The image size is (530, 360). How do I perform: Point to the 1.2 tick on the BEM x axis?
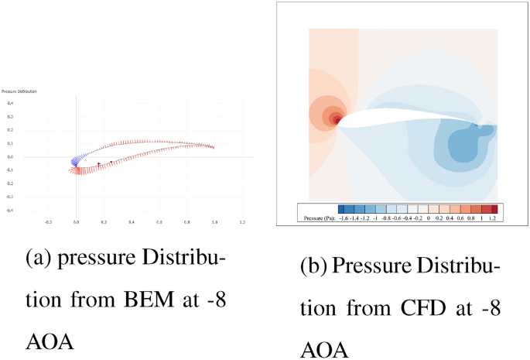point(242,221)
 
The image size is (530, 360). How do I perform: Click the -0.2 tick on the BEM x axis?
point(49,221)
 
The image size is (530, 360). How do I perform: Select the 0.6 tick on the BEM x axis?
point(159,221)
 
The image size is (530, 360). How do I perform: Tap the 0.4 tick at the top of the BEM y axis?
point(10,103)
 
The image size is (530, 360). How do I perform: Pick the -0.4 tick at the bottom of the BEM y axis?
point(10,210)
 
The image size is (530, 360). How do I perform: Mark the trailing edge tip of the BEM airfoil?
point(214,146)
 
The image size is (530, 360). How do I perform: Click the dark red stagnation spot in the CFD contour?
point(336,119)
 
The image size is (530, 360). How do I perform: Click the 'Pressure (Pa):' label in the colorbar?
point(317,218)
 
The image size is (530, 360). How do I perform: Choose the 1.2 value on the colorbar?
point(494,218)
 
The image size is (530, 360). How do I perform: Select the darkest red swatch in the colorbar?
point(494,209)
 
